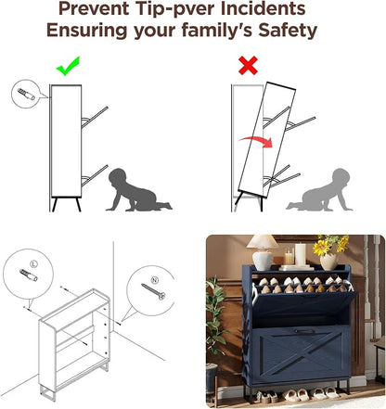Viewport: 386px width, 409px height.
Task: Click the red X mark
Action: [248, 65]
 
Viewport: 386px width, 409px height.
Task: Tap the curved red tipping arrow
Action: [257, 141]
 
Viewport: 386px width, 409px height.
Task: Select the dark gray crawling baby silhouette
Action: [138, 191]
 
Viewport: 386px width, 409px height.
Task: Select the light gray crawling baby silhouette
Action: [320, 191]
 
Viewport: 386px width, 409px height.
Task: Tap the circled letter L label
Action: [34, 263]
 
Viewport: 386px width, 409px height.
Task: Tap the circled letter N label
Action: [155, 280]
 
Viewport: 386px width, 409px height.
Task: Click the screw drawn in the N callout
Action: [153, 292]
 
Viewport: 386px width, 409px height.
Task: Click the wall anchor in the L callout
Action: [29, 275]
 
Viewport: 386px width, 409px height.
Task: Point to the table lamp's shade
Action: [263, 242]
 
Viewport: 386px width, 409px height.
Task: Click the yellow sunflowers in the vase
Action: [329, 245]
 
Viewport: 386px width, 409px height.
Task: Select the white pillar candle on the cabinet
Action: [300, 254]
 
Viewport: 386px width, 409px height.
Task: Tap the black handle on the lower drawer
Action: [302, 332]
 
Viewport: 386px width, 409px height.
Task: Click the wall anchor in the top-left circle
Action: [26, 94]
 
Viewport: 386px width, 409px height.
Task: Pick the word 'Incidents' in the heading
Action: [264, 8]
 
